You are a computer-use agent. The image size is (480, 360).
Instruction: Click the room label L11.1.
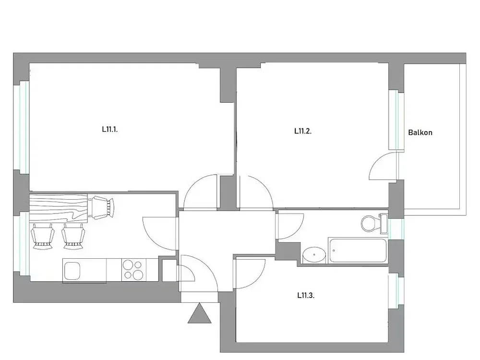pos(110,130)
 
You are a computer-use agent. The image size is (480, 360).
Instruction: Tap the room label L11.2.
pos(303,131)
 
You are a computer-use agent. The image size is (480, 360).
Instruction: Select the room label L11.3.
pos(306,295)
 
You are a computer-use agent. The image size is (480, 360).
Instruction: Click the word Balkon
pos(420,132)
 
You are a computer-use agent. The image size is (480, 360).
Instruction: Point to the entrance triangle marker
pos(200,313)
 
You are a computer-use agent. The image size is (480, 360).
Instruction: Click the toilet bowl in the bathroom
pos(370,224)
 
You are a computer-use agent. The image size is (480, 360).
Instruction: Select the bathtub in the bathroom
pos(358,250)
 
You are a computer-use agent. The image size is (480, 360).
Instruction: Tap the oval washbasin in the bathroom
pos(314,254)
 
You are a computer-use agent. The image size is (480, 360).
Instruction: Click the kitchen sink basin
pos(72,271)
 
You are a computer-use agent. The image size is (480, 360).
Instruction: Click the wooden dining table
pos(59,208)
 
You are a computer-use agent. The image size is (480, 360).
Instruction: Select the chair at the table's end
pos(101,207)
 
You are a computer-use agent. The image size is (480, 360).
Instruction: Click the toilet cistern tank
pos(384,224)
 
